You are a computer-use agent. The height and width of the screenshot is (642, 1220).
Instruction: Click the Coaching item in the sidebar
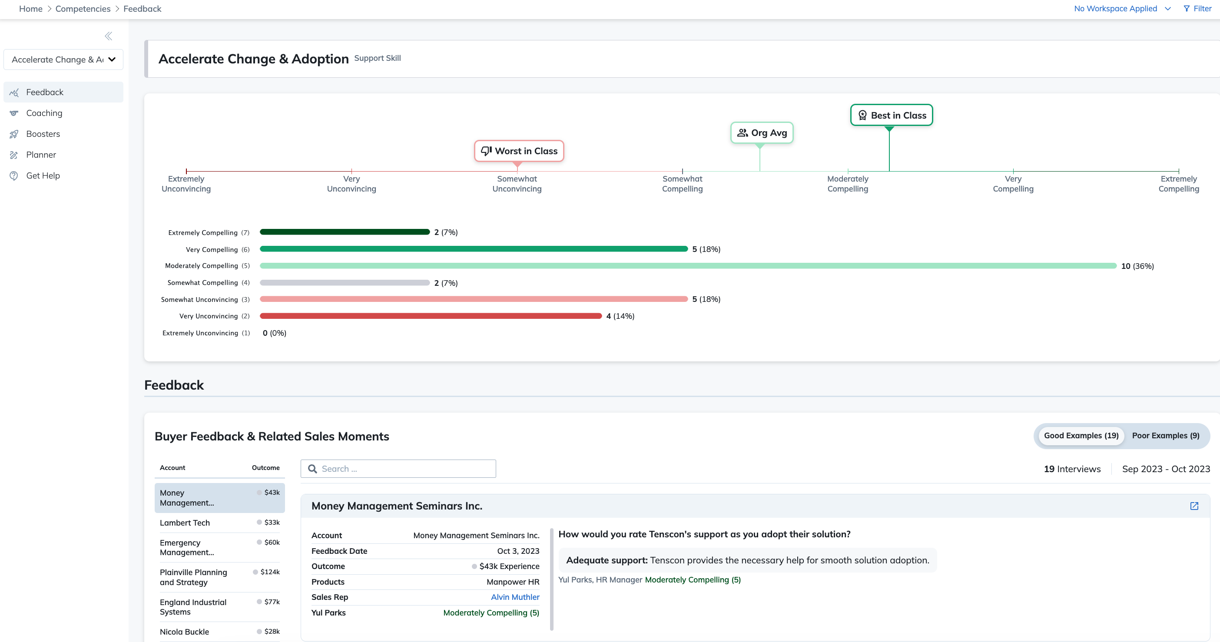coord(44,113)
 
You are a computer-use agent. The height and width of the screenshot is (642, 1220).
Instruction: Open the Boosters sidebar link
coord(43,134)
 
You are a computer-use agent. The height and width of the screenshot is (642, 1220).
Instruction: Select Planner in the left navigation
coord(41,155)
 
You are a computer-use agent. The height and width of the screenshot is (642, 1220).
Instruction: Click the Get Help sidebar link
coord(43,175)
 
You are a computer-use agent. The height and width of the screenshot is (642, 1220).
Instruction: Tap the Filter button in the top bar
coord(1197,9)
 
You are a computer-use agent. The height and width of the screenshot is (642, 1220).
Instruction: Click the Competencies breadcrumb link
coord(83,9)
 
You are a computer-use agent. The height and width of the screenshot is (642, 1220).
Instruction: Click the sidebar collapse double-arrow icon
coord(109,36)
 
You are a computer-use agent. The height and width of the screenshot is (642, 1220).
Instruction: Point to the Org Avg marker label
coord(762,132)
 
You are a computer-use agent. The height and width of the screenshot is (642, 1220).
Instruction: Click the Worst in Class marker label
coord(519,151)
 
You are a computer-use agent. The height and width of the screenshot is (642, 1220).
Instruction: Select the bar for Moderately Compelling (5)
coord(688,265)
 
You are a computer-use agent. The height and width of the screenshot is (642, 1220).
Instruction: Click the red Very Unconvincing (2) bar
coord(431,316)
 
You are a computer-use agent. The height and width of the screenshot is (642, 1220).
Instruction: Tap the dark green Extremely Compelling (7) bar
coord(345,232)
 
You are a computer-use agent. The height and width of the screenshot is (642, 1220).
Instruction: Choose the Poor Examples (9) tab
coord(1166,436)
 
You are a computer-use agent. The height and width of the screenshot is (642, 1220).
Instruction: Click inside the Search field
coord(398,469)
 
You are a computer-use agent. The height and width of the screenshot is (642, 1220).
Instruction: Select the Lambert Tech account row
coord(220,523)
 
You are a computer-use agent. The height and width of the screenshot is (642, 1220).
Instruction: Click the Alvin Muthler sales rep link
coord(515,597)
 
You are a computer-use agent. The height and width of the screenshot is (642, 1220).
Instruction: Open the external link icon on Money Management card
coord(1194,506)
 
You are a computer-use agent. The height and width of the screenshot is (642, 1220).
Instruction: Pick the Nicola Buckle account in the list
coord(220,632)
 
